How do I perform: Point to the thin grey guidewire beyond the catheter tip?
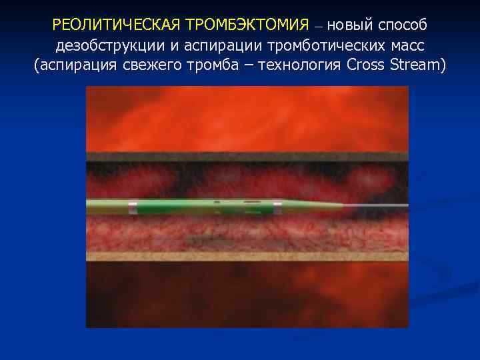click(x=380, y=204)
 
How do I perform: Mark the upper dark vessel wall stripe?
click(x=247, y=157)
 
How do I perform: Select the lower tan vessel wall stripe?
click(x=247, y=256)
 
